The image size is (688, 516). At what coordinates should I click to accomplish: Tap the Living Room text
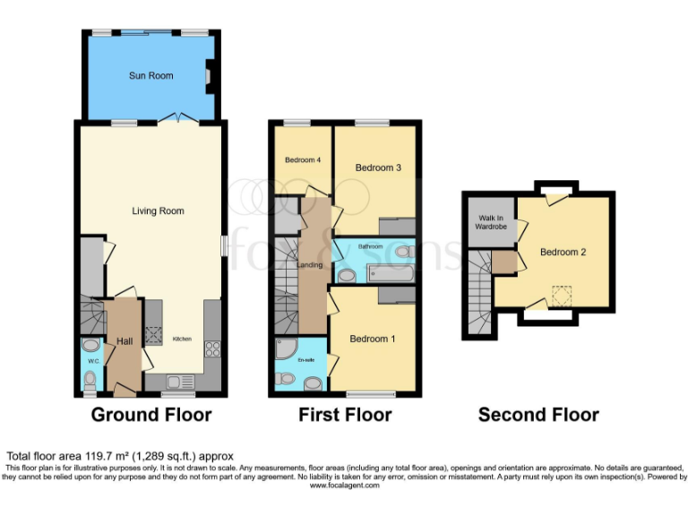(158, 211)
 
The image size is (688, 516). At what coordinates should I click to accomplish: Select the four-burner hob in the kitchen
(213, 348)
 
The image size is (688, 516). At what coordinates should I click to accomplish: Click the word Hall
(124, 341)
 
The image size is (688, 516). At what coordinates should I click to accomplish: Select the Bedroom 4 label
(303, 160)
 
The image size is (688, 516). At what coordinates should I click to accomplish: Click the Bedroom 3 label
(377, 168)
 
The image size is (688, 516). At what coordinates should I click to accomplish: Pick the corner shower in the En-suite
(287, 351)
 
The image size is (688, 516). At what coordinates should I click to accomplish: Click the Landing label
(309, 264)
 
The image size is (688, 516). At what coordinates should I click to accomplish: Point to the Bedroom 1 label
(371, 339)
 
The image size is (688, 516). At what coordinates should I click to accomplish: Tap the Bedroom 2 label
(563, 253)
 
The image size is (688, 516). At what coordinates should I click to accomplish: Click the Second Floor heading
(537, 415)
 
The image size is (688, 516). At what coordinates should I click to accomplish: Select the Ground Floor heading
(151, 415)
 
